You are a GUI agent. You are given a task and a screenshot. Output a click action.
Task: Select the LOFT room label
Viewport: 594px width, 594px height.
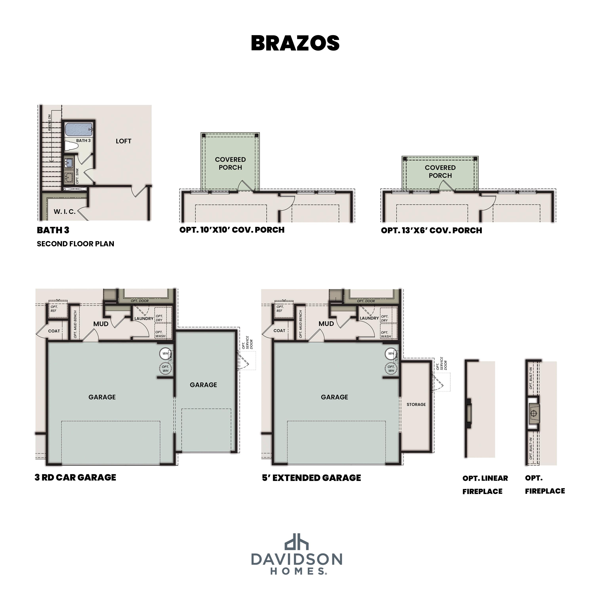click(x=124, y=141)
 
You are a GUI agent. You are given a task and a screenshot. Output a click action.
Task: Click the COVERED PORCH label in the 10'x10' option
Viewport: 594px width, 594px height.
click(x=230, y=164)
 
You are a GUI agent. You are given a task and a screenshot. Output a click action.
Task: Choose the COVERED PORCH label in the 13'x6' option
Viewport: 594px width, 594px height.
click(x=440, y=171)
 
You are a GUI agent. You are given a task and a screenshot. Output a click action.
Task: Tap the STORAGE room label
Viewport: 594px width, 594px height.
click(x=416, y=405)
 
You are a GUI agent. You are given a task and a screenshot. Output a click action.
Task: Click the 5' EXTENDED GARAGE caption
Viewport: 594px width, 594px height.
click(x=311, y=478)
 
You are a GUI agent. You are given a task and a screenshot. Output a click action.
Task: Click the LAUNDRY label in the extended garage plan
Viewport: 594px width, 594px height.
click(x=369, y=318)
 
